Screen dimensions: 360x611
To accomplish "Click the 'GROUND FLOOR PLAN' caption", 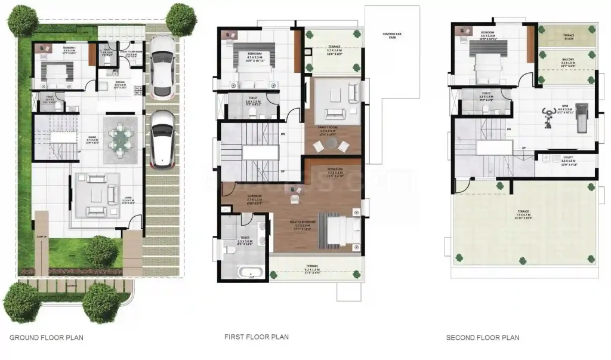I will pos(47,337).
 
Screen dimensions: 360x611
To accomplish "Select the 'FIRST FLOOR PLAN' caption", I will pos(257,337).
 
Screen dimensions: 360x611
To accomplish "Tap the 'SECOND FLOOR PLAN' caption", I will pos(482,337).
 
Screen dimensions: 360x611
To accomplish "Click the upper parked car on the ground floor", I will pos(162,66).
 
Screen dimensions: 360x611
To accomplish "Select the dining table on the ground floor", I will pos(122,138).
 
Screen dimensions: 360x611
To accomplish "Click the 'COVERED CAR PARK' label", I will pos(391,36).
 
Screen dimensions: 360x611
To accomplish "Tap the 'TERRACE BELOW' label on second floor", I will pos(568,37).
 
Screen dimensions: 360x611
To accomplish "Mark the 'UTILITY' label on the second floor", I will pos(567,158).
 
